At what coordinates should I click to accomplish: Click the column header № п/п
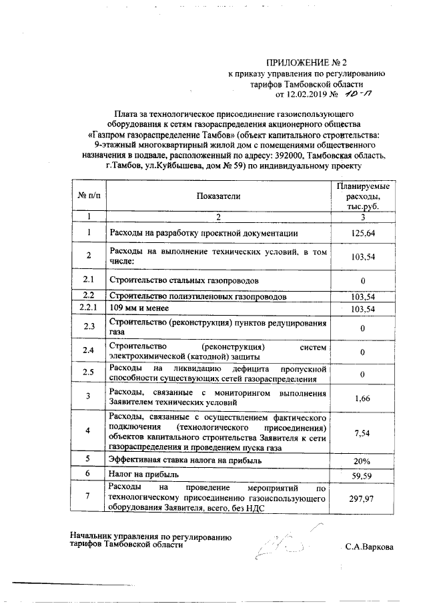tap(88, 196)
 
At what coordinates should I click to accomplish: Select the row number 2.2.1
tap(88, 308)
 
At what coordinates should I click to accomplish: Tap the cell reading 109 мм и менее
tap(137, 308)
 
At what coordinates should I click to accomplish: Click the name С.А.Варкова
tap(369, 547)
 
